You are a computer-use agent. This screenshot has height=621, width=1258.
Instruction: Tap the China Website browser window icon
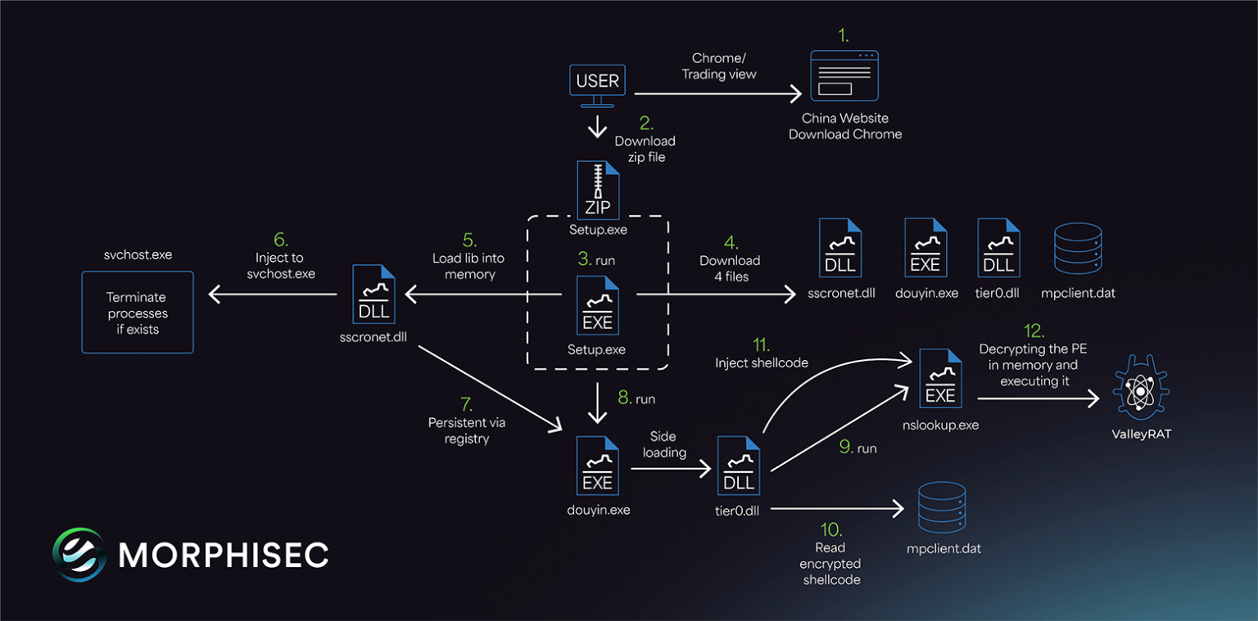click(x=844, y=76)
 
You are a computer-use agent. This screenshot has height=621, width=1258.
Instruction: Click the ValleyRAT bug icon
click(x=1141, y=389)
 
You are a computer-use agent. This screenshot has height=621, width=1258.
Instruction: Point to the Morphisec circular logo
click(x=79, y=554)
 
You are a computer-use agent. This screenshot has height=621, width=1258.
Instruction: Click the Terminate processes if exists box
click(x=138, y=313)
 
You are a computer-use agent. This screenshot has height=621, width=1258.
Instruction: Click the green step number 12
click(x=1034, y=331)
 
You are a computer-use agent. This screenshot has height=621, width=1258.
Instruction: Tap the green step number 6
click(x=280, y=239)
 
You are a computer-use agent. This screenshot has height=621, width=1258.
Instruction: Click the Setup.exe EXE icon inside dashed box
click(x=597, y=304)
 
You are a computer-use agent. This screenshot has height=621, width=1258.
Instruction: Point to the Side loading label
click(x=664, y=444)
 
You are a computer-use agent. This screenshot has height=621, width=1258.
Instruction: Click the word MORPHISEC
click(x=224, y=555)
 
